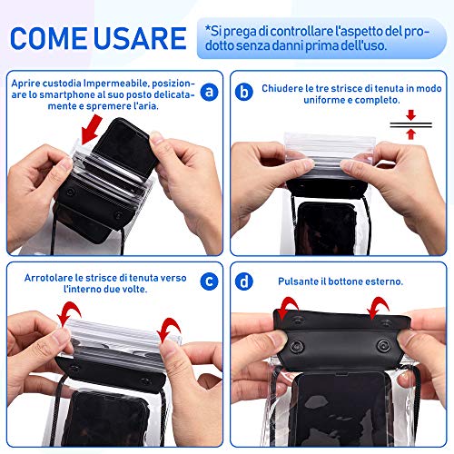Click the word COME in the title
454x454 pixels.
coord(49,38)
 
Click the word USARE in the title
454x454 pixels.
coord(140,38)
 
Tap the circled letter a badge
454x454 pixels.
coord(209,92)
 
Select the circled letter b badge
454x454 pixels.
coord(244,92)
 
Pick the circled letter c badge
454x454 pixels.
coord(209,281)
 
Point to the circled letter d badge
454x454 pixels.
coord(244,281)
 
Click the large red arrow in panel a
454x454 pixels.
coord(92,129)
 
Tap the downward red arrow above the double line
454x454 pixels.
coord(410,115)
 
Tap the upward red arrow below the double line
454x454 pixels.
coord(410,133)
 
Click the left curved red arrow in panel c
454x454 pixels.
coord(70,311)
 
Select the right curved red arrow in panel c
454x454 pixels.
coord(170,329)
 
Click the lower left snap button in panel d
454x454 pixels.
coord(297,346)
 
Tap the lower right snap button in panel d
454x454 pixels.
coord(384,345)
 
